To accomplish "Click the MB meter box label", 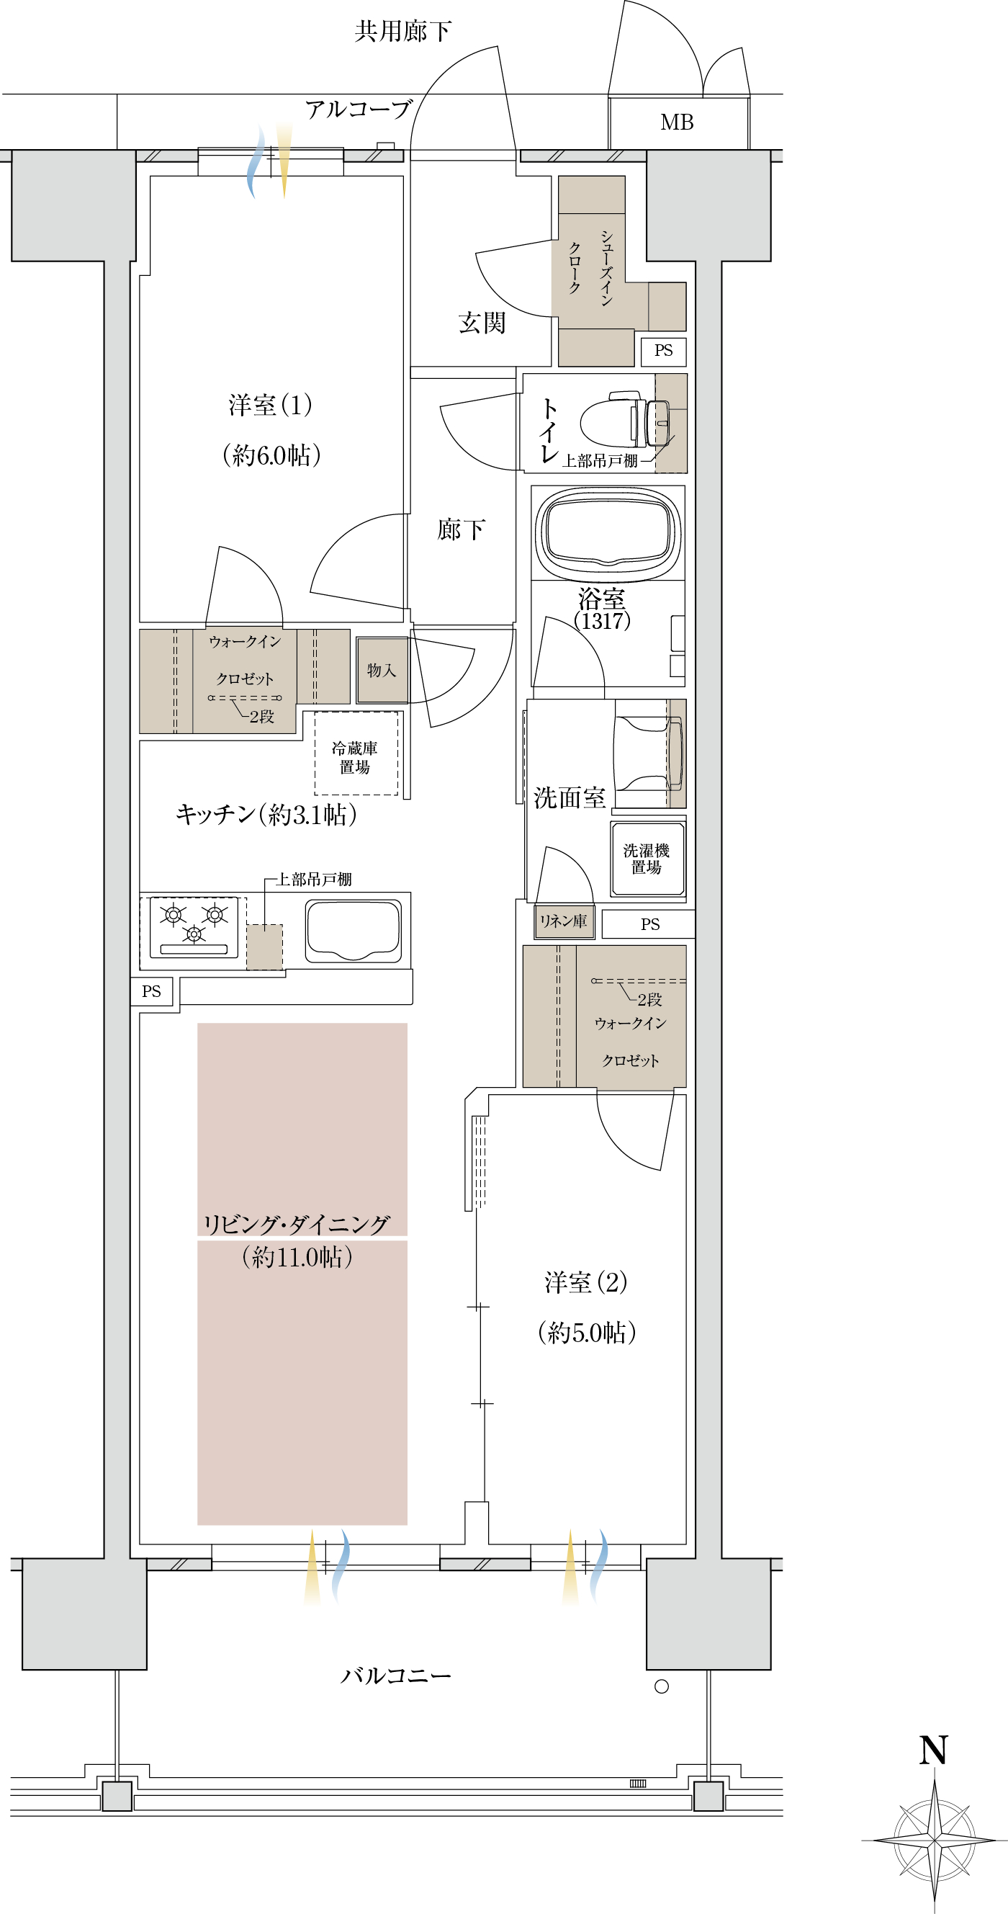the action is (x=677, y=122).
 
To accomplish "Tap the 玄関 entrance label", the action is (x=482, y=323).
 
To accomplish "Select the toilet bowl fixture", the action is (x=625, y=423).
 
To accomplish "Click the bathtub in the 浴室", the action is (x=608, y=534).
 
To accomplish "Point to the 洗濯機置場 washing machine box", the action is (x=647, y=859).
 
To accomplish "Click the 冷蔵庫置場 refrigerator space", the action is (x=356, y=753).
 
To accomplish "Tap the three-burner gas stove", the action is (x=194, y=927).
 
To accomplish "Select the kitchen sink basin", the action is (x=354, y=931).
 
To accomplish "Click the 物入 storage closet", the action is (x=382, y=670).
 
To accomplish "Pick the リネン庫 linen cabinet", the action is (x=564, y=921).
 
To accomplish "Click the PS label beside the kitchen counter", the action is (x=151, y=991).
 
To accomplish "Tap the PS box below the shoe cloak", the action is (x=663, y=351).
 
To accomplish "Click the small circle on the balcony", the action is (x=661, y=1686).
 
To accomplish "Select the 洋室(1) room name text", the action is (x=271, y=405).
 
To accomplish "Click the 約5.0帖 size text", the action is (x=587, y=1333).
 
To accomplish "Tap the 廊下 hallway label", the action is (x=461, y=529).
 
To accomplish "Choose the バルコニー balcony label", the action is (x=395, y=1676).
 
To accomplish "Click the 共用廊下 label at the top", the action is (x=402, y=30).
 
